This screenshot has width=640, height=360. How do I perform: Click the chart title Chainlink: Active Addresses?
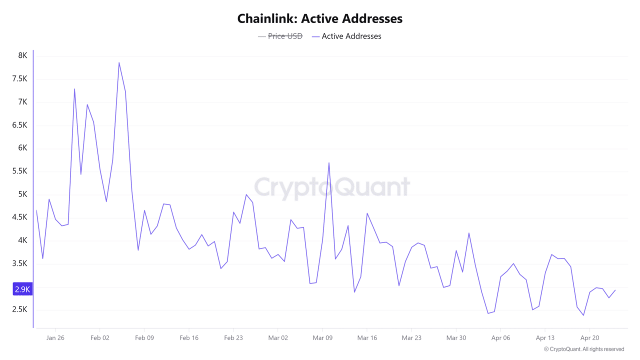point(319,19)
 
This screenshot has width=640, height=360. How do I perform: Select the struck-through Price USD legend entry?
point(285,36)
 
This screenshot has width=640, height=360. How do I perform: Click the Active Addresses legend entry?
point(351,36)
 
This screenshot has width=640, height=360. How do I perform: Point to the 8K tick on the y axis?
point(22,55)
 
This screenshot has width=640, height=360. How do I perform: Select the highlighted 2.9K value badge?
point(22,289)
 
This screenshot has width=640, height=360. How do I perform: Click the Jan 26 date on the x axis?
point(55,337)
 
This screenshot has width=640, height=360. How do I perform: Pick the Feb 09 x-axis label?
point(144,337)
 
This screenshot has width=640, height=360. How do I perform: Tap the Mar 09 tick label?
point(322,337)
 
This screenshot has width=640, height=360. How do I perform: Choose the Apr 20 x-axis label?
point(589,337)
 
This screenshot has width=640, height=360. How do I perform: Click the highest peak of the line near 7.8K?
point(119,62)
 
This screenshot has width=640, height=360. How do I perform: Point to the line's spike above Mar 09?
point(329,162)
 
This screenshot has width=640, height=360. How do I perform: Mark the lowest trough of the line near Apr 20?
point(583,315)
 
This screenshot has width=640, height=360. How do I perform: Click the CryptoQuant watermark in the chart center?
point(332,187)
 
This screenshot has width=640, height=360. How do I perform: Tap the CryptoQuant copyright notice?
point(584,349)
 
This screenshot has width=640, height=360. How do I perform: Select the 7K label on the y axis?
point(22,102)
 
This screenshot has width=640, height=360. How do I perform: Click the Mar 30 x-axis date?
point(455,337)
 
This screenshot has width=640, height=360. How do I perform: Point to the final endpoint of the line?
point(615,290)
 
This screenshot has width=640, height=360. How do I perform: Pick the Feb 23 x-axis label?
point(233,337)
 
